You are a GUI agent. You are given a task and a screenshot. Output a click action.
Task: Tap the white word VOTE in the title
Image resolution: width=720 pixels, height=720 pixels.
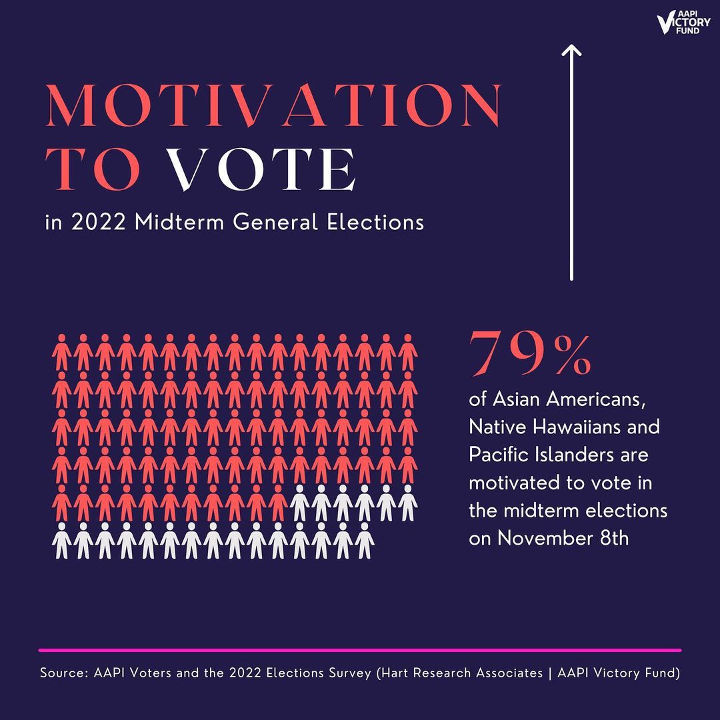click(x=261, y=169)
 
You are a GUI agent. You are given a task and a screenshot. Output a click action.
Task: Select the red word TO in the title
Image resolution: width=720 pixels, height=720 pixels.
click(x=93, y=169)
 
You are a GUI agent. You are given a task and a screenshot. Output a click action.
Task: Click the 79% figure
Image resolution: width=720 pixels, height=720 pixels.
click(x=530, y=353)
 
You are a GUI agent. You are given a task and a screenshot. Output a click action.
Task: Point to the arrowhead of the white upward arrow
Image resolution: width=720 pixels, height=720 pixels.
click(x=572, y=46)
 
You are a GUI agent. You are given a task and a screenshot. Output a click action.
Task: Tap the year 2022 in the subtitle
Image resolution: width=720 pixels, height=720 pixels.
click(x=98, y=222)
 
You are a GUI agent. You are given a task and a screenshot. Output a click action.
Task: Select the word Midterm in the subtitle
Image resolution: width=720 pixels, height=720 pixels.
click(x=179, y=222)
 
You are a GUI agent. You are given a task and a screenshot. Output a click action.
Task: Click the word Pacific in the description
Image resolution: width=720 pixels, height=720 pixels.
click(x=499, y=455)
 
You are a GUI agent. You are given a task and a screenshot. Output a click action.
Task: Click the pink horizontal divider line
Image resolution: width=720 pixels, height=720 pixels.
click(x=360, y=650)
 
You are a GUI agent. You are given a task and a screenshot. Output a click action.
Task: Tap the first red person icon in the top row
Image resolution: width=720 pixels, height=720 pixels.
click(x=61, y=352)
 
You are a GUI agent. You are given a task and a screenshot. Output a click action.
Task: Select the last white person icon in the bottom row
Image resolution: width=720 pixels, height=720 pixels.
click(x=365, y=541)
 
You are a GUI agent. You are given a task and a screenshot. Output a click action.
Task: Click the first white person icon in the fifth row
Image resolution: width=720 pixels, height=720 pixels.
click(x=299, y=503)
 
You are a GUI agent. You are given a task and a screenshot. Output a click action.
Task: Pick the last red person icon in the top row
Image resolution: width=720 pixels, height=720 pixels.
click(x=408, y=352)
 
